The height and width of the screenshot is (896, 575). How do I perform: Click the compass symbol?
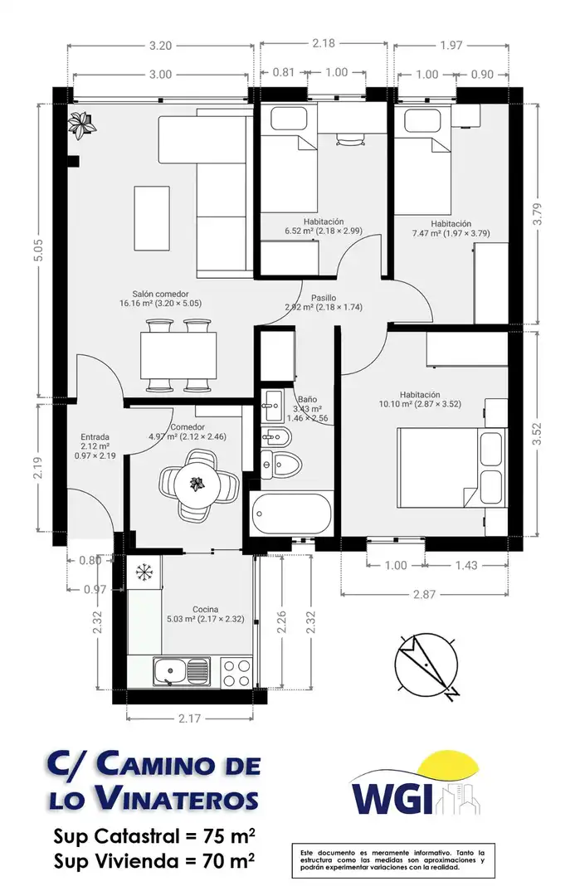click(426, 665)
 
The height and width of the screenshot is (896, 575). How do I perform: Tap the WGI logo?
click(415, 785)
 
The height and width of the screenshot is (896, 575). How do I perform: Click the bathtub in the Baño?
click(291, 514)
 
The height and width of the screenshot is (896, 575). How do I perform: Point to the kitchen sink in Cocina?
click(181, 672)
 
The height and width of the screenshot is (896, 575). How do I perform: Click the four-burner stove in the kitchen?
click(236, 673)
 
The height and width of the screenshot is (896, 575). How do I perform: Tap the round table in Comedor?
click(197, 485)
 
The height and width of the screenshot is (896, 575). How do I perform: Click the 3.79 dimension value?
click(538, 214)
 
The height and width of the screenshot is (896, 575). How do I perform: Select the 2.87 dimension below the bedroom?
click(425, 594)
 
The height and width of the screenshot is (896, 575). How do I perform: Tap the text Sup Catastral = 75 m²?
click(154, 836)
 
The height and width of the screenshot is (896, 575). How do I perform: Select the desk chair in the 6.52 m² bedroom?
click(349, 139)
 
